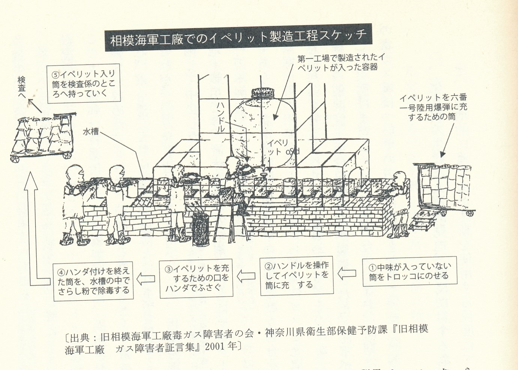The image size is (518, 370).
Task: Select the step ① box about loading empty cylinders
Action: click(410, 272)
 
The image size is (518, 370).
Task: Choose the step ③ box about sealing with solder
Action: click(196, 278)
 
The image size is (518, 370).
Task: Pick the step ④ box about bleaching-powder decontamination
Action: click(93, 281)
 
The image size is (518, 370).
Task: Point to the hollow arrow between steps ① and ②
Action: click(347, 273)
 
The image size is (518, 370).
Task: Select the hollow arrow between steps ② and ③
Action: click(246, 277)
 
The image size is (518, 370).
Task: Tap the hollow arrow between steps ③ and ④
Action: click(146, 279)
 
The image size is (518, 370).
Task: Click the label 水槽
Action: click(91, 131)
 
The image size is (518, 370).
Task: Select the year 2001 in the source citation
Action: click(216, 346)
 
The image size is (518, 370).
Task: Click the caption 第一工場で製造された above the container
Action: click(340, 58)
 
